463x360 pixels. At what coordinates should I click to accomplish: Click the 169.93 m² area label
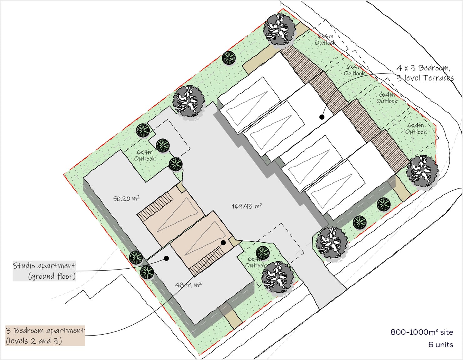[x=247, y=206]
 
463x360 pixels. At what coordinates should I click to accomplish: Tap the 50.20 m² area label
[x=126, y=198]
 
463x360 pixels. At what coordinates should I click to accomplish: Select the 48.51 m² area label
[x=188, y=285]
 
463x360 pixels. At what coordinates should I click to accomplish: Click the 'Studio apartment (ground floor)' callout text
[x=44, y=271]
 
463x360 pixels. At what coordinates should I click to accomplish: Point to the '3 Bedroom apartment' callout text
[x=45, y=331]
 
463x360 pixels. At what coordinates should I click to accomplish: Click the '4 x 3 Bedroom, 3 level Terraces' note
[x=425, y=73]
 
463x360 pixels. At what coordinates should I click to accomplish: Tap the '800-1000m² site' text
[x=422, y=332]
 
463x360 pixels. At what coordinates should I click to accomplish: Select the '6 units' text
[x=440, y=345]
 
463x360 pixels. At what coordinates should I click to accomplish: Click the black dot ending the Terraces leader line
[x=322, y=117]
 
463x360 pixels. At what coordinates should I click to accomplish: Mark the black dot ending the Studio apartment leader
[x=166, y=258]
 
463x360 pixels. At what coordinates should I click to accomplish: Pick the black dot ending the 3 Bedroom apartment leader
[x=223, y=243]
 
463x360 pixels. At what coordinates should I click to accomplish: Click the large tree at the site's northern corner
[x=279, y=30]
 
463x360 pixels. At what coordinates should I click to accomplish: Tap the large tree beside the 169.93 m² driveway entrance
[x=332, y=243]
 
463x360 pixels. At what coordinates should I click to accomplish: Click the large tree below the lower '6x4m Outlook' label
[x=278, y=277]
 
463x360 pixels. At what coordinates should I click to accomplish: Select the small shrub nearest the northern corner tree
[x=229, y=58]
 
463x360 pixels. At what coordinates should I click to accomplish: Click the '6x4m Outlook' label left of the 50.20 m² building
[x=145, y=155]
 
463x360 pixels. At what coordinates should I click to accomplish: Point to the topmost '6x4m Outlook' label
[x=325, y=39]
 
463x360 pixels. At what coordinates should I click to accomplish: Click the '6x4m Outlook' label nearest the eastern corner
[x=416, y=128]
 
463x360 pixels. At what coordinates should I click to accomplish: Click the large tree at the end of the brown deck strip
[x=422, y=171]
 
